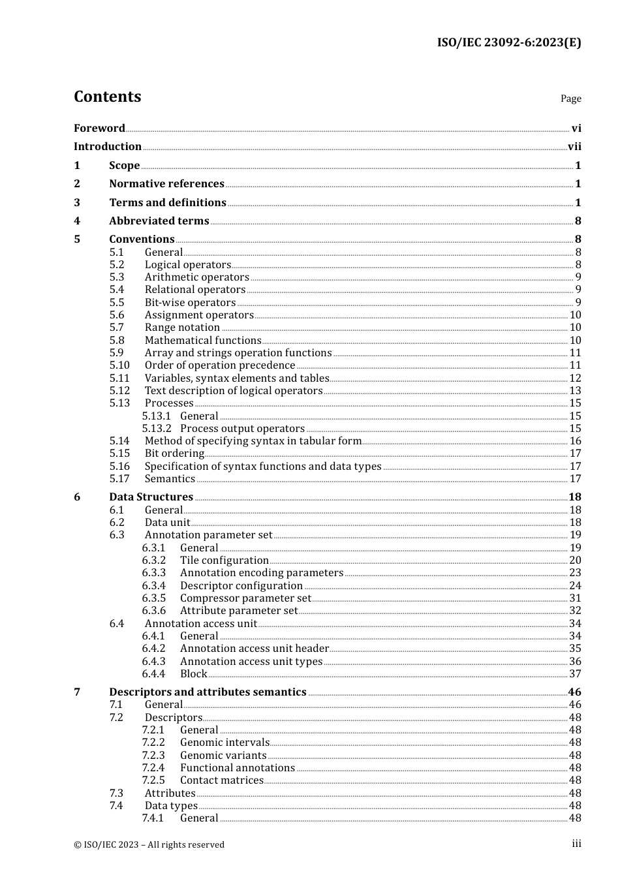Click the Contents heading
pos(107,97)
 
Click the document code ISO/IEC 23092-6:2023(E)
pos(508,42)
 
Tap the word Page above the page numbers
pos(570,99)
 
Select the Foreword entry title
pos(99,128)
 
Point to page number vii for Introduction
pos(574,147)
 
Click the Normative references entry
pos(166,184)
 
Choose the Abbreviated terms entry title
pos(159,221)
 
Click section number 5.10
pos(119,365)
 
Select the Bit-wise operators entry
pos(190,303)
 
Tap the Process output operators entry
pos(242,429)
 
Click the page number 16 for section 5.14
pos(575,441)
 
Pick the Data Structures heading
pos(151,497)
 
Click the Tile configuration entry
pos(224,561)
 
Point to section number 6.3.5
pos(154,598)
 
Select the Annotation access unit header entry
pos(254,649)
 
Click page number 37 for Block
pos(575,674)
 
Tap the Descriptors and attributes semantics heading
pos(208,692)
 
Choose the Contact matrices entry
pos(221,780)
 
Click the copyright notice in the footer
pos(149,844)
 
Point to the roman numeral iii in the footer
pos(576,844)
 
